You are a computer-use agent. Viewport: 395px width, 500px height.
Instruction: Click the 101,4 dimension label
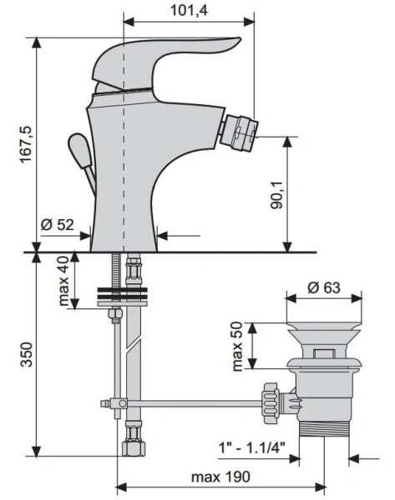click(189, 10)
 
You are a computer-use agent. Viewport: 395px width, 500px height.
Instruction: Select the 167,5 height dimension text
click(26, 144)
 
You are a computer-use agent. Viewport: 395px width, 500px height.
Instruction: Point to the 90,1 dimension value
click(277, 195)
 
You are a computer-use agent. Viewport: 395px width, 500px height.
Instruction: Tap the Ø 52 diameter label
click(58, 225)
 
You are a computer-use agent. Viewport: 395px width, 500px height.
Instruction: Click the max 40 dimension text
click(63, 281)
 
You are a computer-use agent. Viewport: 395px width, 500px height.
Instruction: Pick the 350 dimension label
click(27, 354)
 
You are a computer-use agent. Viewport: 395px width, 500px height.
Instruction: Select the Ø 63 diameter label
click(324, 287)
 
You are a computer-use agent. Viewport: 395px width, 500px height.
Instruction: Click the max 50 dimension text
click(237, 347)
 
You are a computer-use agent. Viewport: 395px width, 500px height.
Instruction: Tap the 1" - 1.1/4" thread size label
click(251, 447)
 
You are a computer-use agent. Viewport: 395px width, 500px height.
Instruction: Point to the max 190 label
click(220, 477)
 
